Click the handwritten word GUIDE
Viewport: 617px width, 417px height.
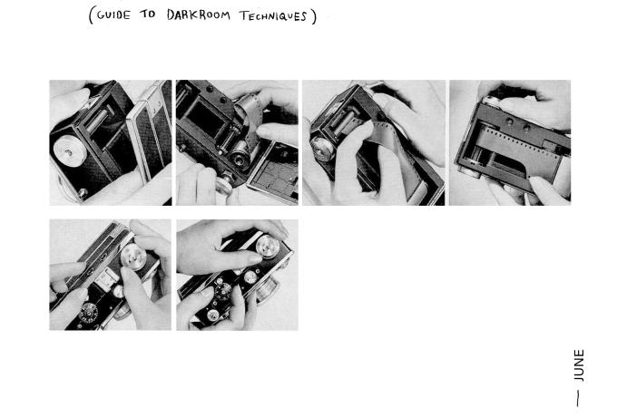pyautogui.click(x=113, y=15)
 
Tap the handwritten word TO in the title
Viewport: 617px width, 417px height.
pyautogui.click(x=148, y=15)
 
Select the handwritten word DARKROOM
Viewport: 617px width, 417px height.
pyautogui.click(x=199, y=15)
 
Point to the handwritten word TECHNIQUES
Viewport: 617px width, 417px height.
pyautogui.click(x=273, y=16)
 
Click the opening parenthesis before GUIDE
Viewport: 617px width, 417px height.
pyautogui.click(x=92, y=15)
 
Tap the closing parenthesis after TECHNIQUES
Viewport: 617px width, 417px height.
pyautogui.click(x=314, y=17)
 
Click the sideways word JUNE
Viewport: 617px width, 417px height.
pyautogui.click(x=579, y=365)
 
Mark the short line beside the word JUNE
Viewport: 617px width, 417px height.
pyautogui.click(x=578, y=399)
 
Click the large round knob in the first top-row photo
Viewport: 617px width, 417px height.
pyautogui.click(x=70, y=151)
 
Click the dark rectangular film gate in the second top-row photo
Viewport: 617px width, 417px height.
pyautogui.click(x=205, y=116)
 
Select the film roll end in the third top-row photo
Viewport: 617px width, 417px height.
pyautogui.click(x=323, y=149)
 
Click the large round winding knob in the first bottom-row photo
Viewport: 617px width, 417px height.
pyautogui.click(x=133, y=257)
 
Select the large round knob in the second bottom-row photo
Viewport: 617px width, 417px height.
pyautogui.click(x=268, y=246)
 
